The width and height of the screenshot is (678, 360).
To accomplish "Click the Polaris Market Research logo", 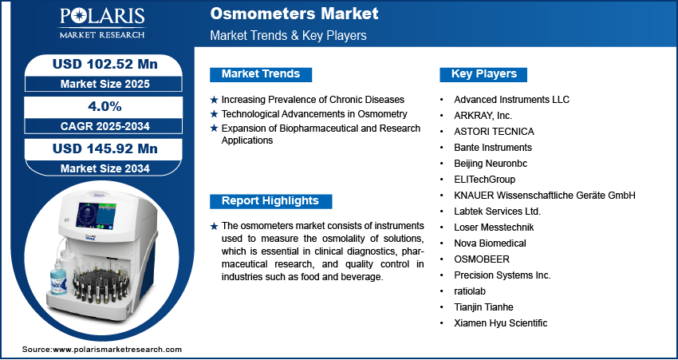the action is point(102,23).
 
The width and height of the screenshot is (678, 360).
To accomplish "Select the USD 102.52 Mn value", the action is point(105,65).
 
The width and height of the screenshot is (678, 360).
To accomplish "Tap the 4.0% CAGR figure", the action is point(104,106).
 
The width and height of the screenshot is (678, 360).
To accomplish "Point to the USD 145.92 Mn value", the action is point(105,148).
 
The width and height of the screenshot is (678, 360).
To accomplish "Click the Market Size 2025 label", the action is point(105,84).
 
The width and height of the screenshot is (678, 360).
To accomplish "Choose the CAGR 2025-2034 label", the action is point(105,126).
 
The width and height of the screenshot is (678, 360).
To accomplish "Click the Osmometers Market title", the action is point(294,14).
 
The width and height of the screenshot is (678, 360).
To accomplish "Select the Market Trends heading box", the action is point(261,74).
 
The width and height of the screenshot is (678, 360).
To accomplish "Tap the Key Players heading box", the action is point(483,74).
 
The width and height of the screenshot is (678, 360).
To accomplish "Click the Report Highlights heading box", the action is point(270,201).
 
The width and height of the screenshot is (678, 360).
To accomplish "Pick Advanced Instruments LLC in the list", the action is point(511,100).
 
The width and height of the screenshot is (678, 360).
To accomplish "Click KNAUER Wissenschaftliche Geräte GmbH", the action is point(545,196).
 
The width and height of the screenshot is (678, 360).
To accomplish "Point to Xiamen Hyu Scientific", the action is point(501,322).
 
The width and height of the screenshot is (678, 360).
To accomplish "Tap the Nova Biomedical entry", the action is point(490,243).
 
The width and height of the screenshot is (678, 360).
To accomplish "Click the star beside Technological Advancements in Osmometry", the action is point(214,114).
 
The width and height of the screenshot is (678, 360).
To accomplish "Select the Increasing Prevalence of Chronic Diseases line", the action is point(313,100).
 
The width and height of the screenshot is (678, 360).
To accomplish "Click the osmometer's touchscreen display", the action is point(96,215).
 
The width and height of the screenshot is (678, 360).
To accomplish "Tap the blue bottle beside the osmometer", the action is point(58,275).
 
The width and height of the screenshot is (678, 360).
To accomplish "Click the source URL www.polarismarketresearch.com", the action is point(117,349).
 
